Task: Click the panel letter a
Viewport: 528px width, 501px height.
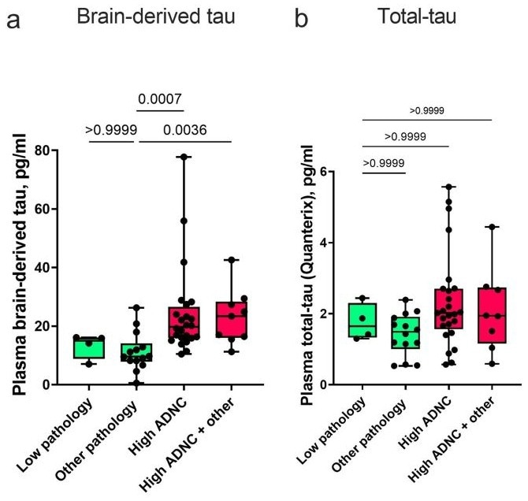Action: pos(13,19)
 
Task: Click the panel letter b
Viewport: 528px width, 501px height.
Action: pos(303,19)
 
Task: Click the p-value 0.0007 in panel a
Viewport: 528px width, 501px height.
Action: pos(161,100)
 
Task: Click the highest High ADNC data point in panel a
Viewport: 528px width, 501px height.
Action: pos(186,158)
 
